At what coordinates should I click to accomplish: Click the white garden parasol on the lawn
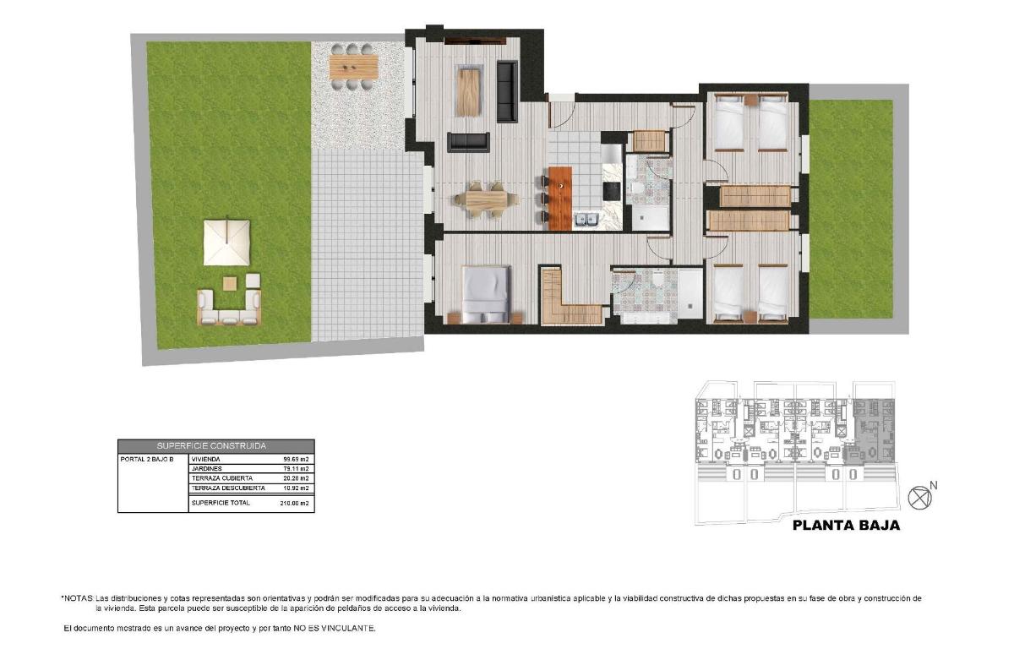(226, 241)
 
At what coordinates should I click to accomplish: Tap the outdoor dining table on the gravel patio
(352, 66)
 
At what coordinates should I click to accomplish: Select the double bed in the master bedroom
(486, 293)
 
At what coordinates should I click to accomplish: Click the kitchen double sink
(586, 221)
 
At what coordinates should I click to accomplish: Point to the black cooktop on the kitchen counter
(611, 191)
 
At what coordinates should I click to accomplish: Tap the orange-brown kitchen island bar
(559, 198)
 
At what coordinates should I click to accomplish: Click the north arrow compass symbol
(919, 497)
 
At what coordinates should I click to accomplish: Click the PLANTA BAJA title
(845, 525)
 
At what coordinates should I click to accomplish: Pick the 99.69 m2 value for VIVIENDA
(295, 459)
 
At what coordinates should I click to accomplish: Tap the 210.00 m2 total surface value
(295, 503)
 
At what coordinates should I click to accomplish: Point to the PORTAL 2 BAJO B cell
(148, 459)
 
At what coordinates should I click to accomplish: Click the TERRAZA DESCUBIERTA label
(228, 488)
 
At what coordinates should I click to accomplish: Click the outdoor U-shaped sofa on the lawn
(229, 308)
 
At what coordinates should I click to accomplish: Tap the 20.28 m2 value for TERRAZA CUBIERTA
(295, 478)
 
